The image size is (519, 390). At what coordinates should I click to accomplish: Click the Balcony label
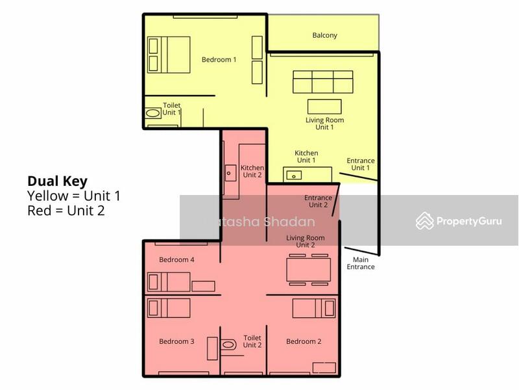coord(324,35)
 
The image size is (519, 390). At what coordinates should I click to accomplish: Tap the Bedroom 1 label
coord(219,59)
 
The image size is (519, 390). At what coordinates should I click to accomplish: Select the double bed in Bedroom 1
coord(169,55)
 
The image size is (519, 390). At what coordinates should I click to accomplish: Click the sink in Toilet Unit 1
coord(153,113)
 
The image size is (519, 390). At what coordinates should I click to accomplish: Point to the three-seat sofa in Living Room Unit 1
coord(322,82)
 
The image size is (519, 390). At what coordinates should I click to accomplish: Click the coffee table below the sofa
coord(324,106)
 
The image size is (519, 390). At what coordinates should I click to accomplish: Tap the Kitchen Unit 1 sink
coord(294,174)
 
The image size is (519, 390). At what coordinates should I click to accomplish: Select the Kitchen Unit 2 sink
coord(230,172)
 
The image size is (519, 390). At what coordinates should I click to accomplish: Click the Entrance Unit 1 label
coord(360,164)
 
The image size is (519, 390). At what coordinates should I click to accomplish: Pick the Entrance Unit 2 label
coord(318,201)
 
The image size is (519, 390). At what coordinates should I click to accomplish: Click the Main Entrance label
coord(360,263)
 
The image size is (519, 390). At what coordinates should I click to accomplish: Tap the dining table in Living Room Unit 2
coord(308,270)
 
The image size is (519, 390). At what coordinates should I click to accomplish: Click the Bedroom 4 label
coord(176,259)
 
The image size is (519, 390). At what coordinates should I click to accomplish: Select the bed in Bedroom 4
coord(169,282)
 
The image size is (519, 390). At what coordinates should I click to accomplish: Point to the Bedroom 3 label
coord(176,341)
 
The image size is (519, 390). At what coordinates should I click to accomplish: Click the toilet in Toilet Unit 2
coord(228,344)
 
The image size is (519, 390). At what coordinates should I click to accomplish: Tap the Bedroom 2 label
coord(304,341)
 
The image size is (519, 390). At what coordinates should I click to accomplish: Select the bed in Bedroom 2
coord(314,308)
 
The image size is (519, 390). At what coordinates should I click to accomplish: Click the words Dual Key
coord(57,181)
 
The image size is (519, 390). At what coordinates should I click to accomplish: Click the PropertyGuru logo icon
coord(425,221)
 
